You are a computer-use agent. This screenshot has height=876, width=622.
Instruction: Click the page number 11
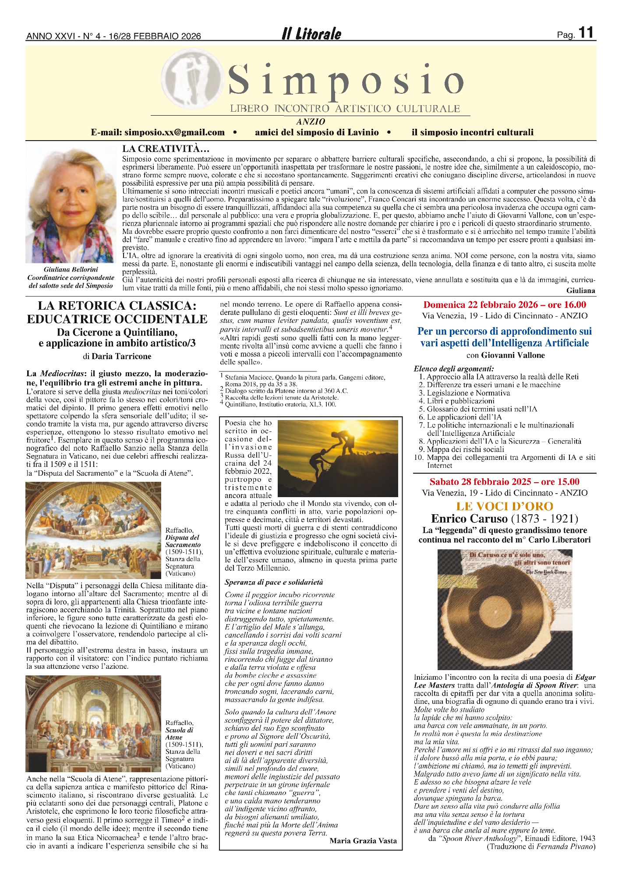point(586,33)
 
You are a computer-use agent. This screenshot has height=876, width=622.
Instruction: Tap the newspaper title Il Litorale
point(311,34)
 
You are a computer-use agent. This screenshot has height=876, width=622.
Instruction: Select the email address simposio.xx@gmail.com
point(174,132)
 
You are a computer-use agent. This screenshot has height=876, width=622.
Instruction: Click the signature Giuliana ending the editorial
point(580,290)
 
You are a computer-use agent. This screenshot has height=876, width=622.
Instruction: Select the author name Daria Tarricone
point(121,356)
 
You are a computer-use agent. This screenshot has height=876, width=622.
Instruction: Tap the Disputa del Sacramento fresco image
point(93,530)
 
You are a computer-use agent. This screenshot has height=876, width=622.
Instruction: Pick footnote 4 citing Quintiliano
point(280,404)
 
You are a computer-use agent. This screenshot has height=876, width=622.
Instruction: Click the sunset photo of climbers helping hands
point(338,458)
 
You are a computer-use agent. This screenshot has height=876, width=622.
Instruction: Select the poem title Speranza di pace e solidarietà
point(274,582)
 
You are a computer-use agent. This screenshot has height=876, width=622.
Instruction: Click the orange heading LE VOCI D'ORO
point(505,506)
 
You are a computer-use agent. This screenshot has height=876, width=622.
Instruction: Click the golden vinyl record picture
point(505,609)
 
